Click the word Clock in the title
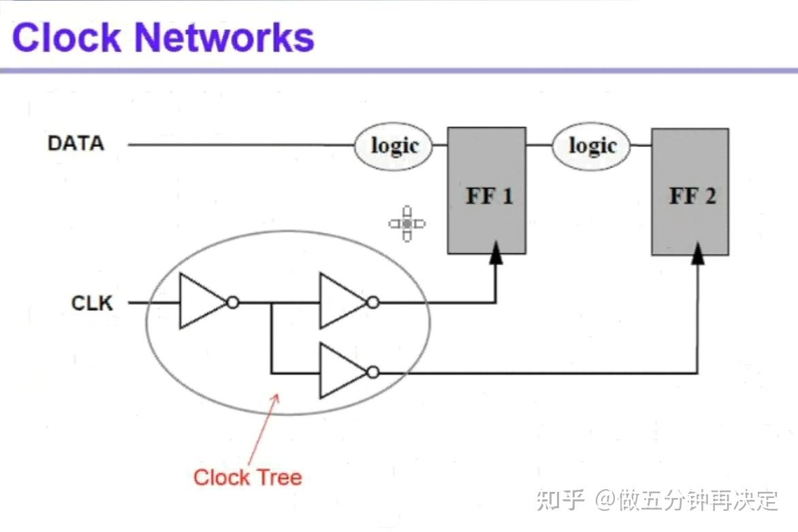(x=67, y=37)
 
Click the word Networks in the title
(x=225, y=37)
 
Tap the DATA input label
(x=76, y=144)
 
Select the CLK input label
(x=92, y=303)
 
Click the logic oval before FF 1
(x=394, y=146)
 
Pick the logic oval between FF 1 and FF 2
(x=592, y=146)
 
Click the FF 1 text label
(x=489, y=197)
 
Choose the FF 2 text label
(x=692, y=197)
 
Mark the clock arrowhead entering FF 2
(x=697, y=254)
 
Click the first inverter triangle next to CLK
(x=200, y=302)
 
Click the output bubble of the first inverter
(x=233, y=302)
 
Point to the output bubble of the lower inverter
(x=372, y=371)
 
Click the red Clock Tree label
(x=247, y=477)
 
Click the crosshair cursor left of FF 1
(x=406, y=223)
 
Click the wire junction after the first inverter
(x=272, y=302)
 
